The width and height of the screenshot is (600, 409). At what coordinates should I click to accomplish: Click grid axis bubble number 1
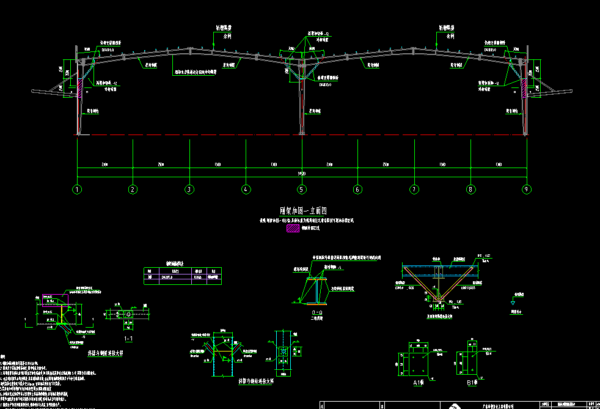coord(77,190)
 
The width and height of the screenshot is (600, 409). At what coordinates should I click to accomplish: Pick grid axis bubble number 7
coord(414,190)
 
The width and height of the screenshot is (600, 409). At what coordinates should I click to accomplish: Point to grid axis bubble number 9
coord(526,190)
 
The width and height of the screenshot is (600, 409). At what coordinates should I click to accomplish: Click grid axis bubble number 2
coord(133,190)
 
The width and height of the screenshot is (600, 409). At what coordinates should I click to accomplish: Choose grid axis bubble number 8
coord(470,190)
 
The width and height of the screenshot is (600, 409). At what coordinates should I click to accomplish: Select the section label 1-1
coord(128,337)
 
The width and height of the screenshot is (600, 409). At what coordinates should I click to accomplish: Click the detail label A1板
coord(419,383)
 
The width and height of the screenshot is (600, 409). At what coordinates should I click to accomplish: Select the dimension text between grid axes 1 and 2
coord(104,165)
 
